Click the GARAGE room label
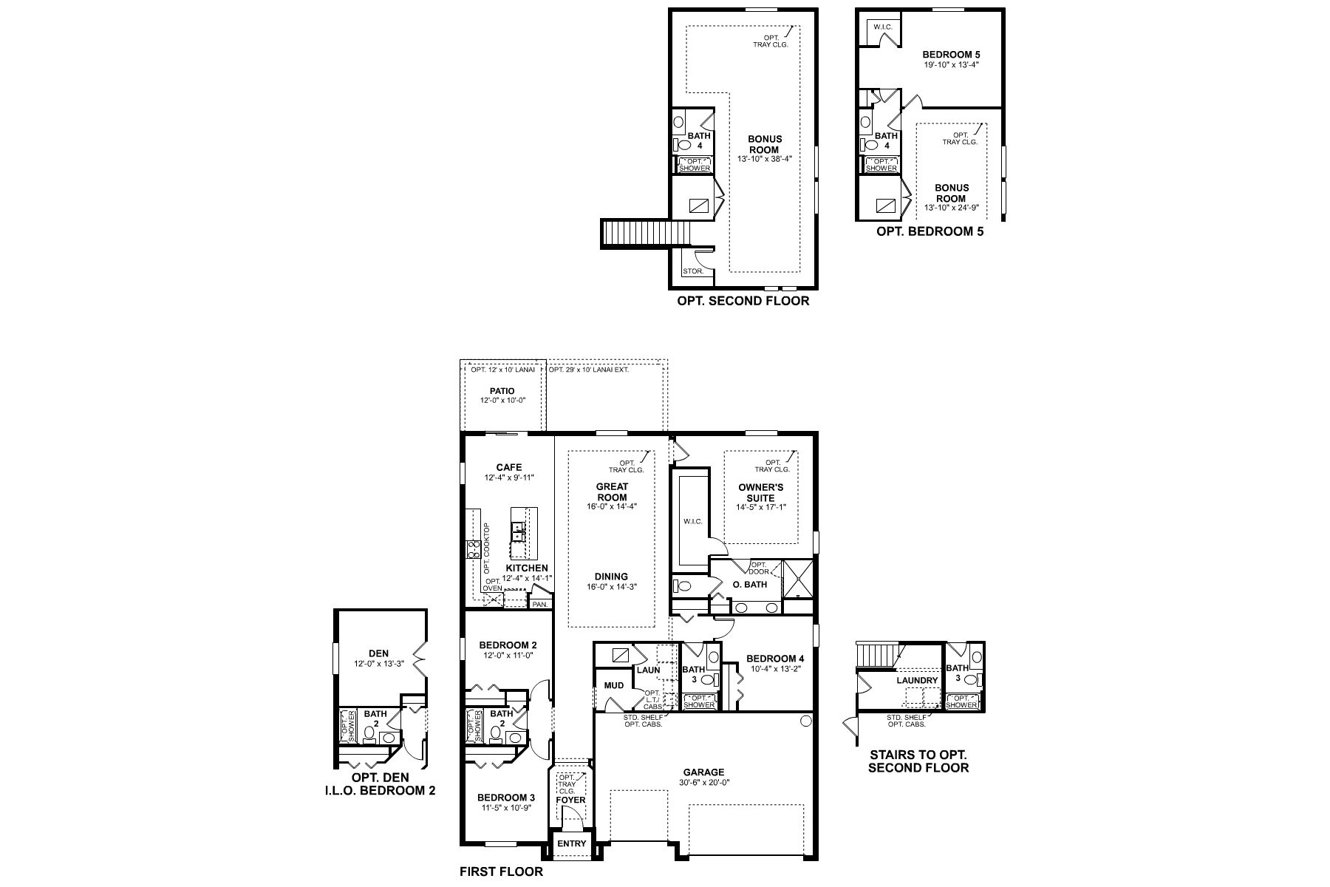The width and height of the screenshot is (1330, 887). [703, 772]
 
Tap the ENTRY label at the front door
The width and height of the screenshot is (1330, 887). [572, 843]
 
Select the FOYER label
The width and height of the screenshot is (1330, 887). [570, 800]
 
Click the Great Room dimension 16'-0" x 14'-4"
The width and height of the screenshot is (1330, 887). [612, 506]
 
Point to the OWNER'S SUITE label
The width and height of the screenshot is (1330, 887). [761, 493]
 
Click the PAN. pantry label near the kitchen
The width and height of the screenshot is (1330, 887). [540, 604]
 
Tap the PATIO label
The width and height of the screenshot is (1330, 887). [502, 391]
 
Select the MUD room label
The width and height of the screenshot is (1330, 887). [613, 685]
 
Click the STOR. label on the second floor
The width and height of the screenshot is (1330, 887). [693, 271]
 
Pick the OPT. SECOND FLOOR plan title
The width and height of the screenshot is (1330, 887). [743, 301]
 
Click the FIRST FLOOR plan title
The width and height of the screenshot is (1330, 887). [501, 871]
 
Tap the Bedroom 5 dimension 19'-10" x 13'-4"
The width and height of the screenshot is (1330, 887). [951, 64]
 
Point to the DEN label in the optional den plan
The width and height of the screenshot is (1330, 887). [378, 653]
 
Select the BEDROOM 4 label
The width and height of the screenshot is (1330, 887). [775, 659]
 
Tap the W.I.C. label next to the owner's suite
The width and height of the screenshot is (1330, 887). [692, 521]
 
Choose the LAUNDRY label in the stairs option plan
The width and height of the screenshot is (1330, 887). [917, 681]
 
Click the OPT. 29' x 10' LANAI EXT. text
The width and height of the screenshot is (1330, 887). [589, 369]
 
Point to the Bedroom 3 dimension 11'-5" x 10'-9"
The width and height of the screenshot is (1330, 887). [506, 808]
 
